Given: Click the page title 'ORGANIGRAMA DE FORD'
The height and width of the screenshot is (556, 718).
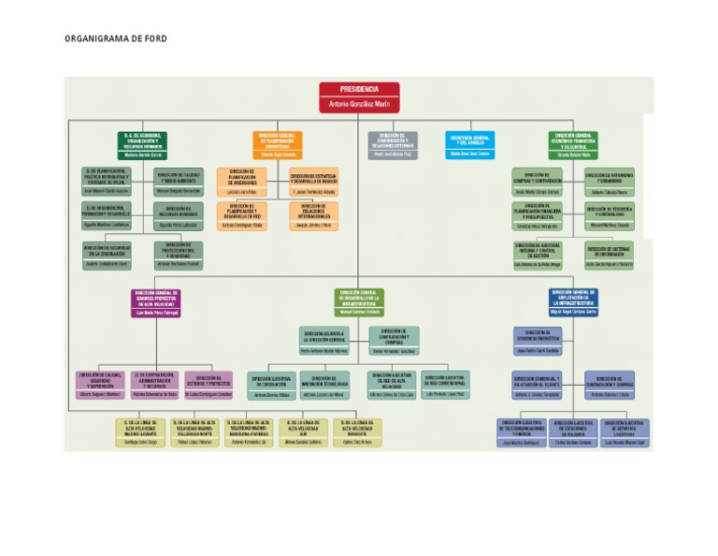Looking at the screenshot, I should (116, 39).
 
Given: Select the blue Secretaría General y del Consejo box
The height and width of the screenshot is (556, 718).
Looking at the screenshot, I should (469, 144).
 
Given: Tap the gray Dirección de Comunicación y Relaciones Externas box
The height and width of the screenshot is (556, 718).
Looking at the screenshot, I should (392, 144).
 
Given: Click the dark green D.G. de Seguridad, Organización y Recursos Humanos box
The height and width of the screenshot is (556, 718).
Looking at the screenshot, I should (143, 144).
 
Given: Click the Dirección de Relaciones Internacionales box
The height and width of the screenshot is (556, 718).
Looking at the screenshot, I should (313, 215).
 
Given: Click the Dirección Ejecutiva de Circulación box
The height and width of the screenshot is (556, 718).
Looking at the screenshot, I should (272, 386).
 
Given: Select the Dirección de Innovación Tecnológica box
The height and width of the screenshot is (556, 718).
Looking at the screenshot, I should (324, 386).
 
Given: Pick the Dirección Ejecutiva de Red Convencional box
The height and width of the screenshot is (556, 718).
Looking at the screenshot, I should (445, 385).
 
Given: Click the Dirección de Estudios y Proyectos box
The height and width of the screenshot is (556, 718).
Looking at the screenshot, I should (208, 386).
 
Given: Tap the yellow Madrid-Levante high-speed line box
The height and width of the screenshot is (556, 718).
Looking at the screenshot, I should (142, 432).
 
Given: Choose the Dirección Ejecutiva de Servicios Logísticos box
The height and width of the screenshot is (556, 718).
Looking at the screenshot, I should (624, 433).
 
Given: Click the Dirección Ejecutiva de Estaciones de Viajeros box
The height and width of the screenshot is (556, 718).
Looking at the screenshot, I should (573, 433).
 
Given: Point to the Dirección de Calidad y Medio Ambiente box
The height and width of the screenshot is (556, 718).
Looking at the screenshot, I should (178, 182).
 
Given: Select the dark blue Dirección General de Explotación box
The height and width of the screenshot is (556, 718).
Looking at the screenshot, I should (571, 301).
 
